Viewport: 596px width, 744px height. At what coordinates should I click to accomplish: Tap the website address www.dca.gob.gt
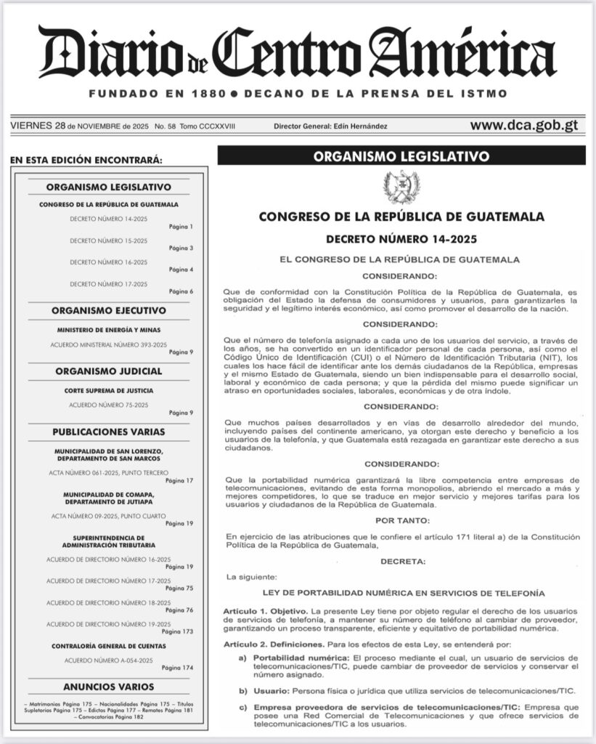(523, 125)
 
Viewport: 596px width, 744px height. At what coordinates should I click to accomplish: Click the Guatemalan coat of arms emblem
(401, 187)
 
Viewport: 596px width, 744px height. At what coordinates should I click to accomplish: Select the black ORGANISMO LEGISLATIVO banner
(401, 155)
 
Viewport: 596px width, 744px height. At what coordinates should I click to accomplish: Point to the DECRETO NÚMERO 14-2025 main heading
(401, 238)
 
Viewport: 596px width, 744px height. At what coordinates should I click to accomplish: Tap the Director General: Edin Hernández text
(330, 126)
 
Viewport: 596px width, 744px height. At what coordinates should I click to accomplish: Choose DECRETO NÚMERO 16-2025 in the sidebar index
(109, 262)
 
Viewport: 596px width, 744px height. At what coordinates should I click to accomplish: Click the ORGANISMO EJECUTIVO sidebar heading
(109, 310)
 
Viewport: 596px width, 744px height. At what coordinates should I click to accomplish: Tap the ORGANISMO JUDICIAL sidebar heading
(109, 371)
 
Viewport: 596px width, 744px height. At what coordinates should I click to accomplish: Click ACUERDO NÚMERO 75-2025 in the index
(109, 404)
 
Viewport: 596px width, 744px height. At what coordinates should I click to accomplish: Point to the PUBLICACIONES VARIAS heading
(109, 432)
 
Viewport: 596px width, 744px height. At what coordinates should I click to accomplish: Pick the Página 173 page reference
(178, 632)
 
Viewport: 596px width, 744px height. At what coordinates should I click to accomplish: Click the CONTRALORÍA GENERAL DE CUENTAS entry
(109, 646)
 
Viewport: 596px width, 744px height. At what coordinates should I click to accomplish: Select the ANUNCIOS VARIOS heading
(109, 686)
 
